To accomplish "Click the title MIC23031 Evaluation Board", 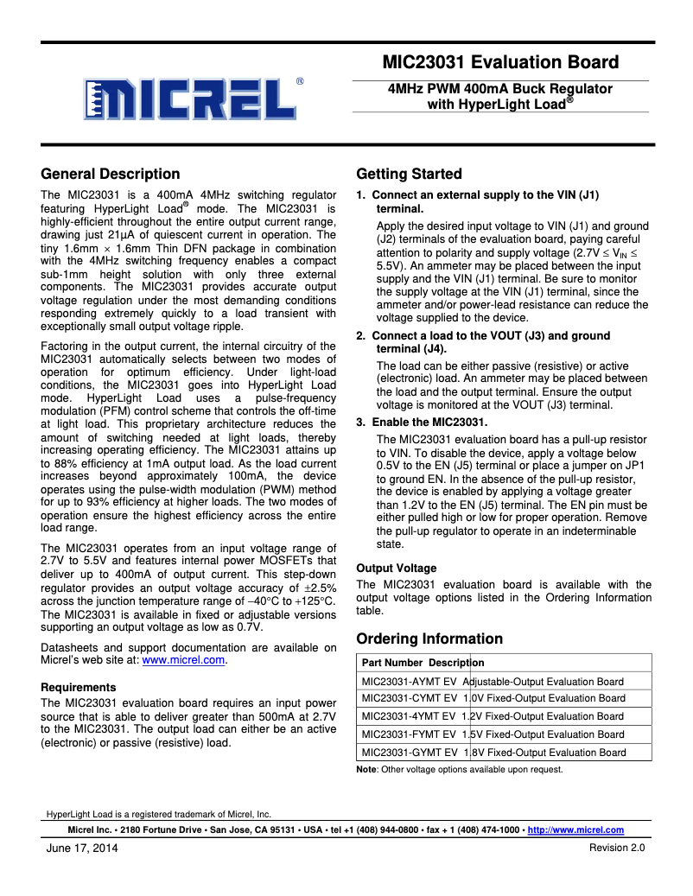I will pyautogui.click(x=501, y=62).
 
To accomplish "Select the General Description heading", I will pyautogui.click(x=111, y=174).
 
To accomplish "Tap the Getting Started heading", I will pyautogui.click(x=409, y=174).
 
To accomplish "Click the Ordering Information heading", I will pyautogui.click(x=429, y=639).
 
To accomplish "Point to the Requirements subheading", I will pyautogui.click(x=79, y=687).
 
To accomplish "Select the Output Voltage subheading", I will pyautogui.click(x=397, y=568).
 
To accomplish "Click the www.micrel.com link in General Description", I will pyautogui.click(x=183, y=660).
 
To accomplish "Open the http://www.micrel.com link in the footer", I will pyautogui.click(x=575, y=829).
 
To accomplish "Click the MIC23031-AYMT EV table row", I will pyautogui.click(x=493, y=681).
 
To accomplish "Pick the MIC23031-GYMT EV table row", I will pyautogui.click(x=493, y=752).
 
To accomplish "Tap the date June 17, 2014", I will pyautogui.click(x=82, y=848).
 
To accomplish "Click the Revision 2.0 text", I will pyautogui.click(x=617, y=848).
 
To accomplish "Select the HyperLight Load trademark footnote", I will pyautogui.click(x=158, y=814).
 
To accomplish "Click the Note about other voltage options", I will pyautogui.click(x=460, y=769).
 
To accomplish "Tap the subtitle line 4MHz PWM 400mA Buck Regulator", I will pyautogui.click(x=500, y=89).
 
